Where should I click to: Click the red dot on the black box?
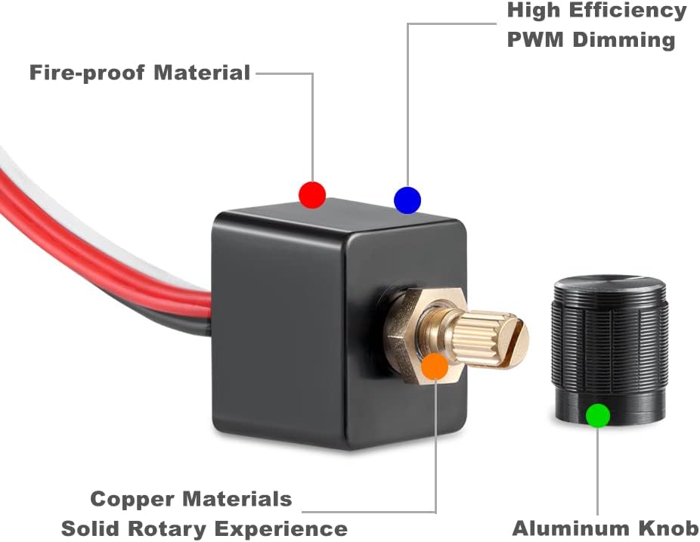pos(312,194)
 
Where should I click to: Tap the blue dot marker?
pos(407,200)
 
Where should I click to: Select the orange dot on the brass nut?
pos(435,366)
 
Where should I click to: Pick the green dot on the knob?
pos(598,415)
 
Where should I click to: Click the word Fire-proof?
pos(87,73)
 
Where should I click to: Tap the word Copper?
pos(134,499)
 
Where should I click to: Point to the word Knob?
pos(665,528)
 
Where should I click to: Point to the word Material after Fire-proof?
pos(202,73)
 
